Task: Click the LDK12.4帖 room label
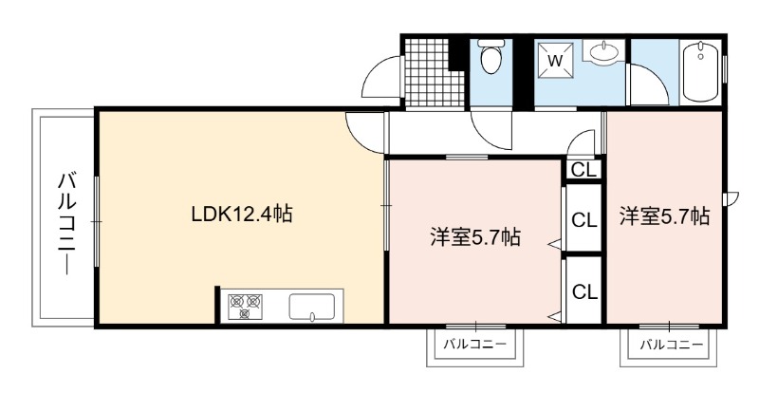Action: coord(242,214)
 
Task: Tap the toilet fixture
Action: coord(491,56)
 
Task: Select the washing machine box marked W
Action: coord(555,61)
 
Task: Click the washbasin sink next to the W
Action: coord(603,51)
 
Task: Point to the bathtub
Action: coord(700,71)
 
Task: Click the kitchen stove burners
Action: coord(245,307)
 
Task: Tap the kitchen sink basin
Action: coord(311,308)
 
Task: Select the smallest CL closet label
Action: coord(583,170)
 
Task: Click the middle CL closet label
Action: coord(584,220)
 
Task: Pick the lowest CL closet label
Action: coord(584,291)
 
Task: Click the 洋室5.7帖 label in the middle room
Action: coord(475,237)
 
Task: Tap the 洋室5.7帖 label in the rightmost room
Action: coord(665,216)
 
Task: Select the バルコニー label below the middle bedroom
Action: coord(474,344)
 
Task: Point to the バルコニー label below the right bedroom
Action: coord(671,345)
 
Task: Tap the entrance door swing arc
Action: coord(373,66)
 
